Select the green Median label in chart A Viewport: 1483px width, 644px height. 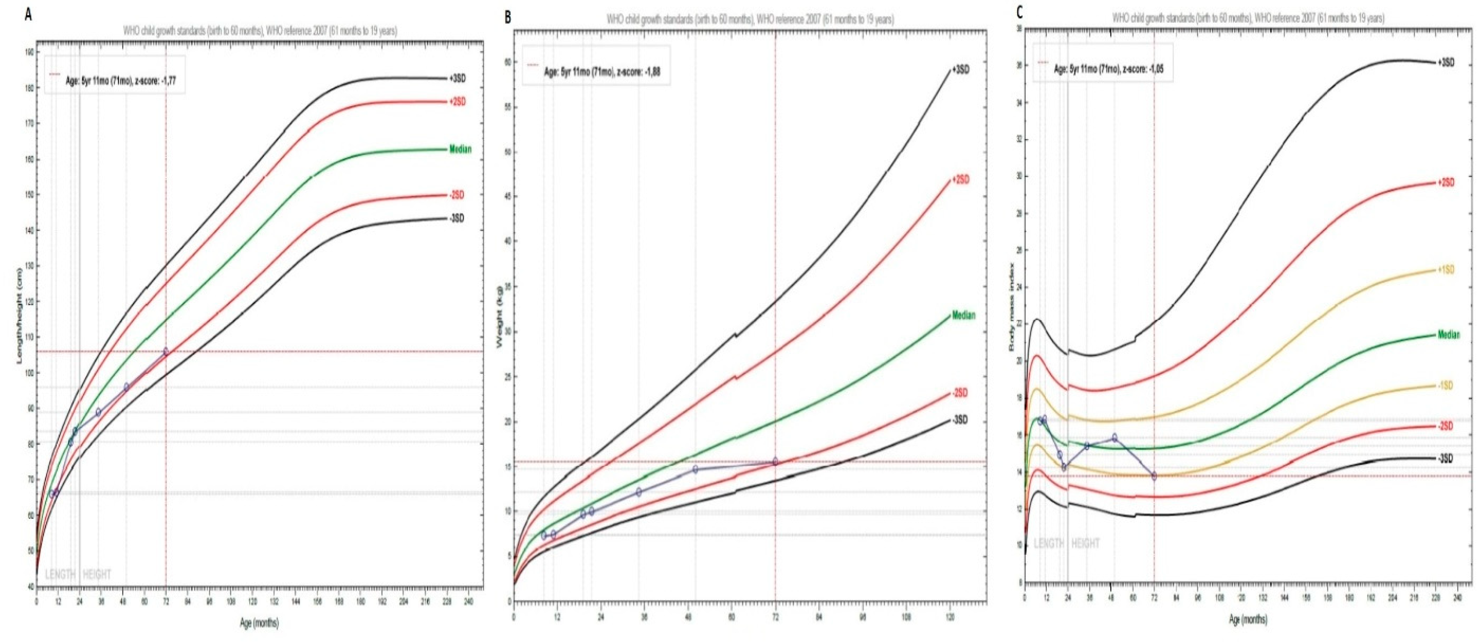(x=460, y=149)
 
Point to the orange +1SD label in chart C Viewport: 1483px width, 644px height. (x=1445, y=270)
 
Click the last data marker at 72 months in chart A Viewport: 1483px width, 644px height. (x=166, y=352)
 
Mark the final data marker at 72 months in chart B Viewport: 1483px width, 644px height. (x=775, y=462)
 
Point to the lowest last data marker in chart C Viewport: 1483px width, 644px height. (x=1154, y=476)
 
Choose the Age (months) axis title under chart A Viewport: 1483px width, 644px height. (x=259, y=623)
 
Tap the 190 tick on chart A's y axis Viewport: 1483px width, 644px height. (x=29, y=52)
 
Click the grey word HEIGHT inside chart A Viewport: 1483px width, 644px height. (x=97, y=575)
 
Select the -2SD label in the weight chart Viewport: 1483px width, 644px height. (x=960, y=393)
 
